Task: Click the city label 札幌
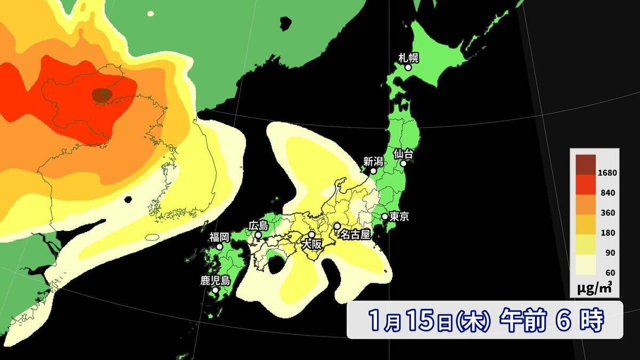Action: pyautogui.click(x=408, y=57)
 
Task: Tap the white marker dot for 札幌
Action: pyautogui.click(x=408, y=68)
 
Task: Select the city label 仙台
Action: pyautogui.click(x=404, y=153)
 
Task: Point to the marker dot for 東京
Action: pyautogui.click(x=385, y=217)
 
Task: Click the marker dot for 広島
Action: pyautogui.click(x=258, y=235)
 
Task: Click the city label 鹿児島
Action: pyautogui.click(x=215, y=281)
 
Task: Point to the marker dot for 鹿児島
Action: pyautogui.click(x=215, y=291)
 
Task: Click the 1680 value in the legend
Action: pyautogui.click(x=607, y=173)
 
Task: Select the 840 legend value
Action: pyautogui.click(x=609, y=193)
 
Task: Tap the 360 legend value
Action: pyautogui.click(x=609, y=213)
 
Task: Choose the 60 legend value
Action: pyautogui.click(x=610, y=273)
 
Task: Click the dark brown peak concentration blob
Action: pyautogui.click(x=101, y=95)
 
